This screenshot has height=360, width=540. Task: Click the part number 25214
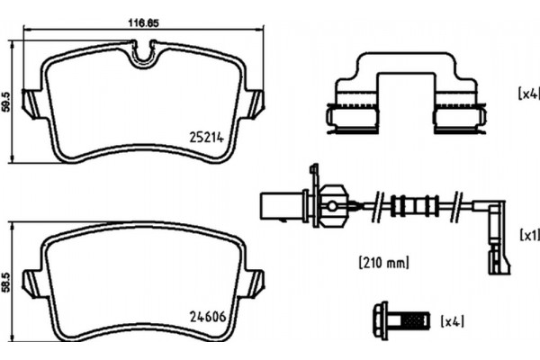(x=207, y=138)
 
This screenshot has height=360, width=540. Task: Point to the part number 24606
(x=207, y=316)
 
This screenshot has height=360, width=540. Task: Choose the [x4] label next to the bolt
(x=452, y=320)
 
